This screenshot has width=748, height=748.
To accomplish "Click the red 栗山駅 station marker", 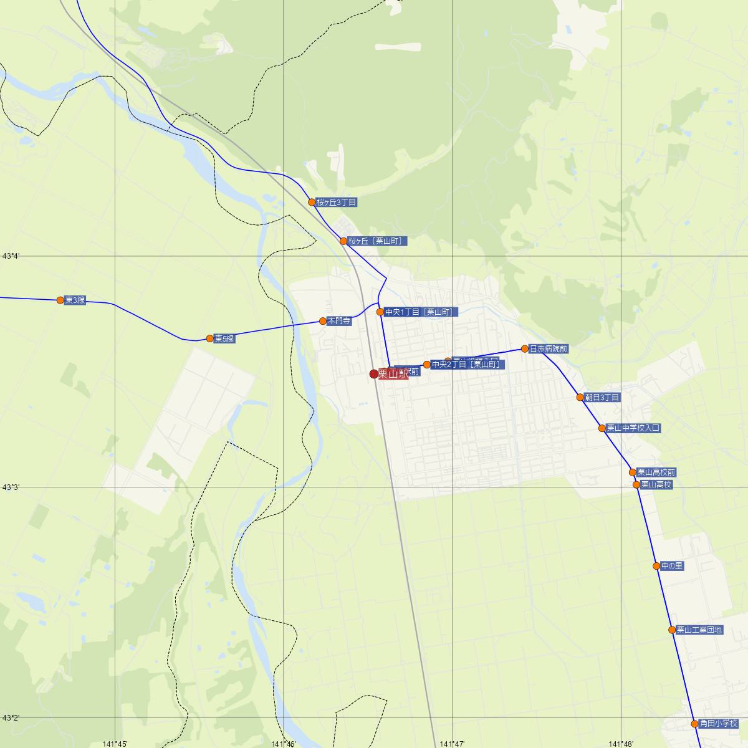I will [x=374, y=374].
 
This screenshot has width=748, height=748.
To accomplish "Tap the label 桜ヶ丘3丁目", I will [x=336, y=203].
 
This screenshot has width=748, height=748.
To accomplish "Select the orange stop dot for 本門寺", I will [x=323, y=321].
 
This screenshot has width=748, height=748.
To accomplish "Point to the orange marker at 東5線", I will [x=210, y=338].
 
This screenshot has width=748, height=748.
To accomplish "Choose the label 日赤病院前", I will [x=548, y=349].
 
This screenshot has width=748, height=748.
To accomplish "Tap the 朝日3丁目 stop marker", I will [x=580, y=397].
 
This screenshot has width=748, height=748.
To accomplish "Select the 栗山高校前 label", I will [x=656, y=472].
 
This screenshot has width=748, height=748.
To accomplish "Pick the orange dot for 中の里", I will [x=656, y=566].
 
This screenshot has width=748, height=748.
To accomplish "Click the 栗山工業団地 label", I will [x=699, y=630].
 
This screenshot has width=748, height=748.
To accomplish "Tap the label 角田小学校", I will [x=718, y=724].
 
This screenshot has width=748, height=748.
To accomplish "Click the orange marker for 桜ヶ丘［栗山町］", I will [x=343, y=241].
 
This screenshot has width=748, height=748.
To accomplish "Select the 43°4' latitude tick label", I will [x=12, y=256].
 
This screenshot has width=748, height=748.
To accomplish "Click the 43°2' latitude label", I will [x=12, y=718].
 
